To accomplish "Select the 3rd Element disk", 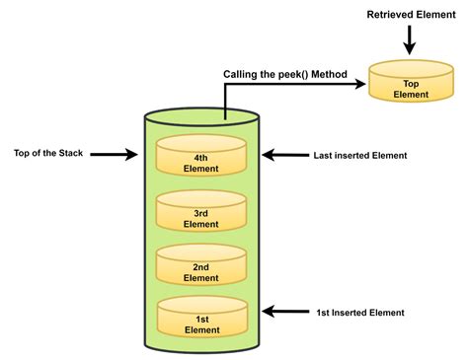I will coord(200,211).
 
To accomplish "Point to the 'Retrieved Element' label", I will coord(413,14).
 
